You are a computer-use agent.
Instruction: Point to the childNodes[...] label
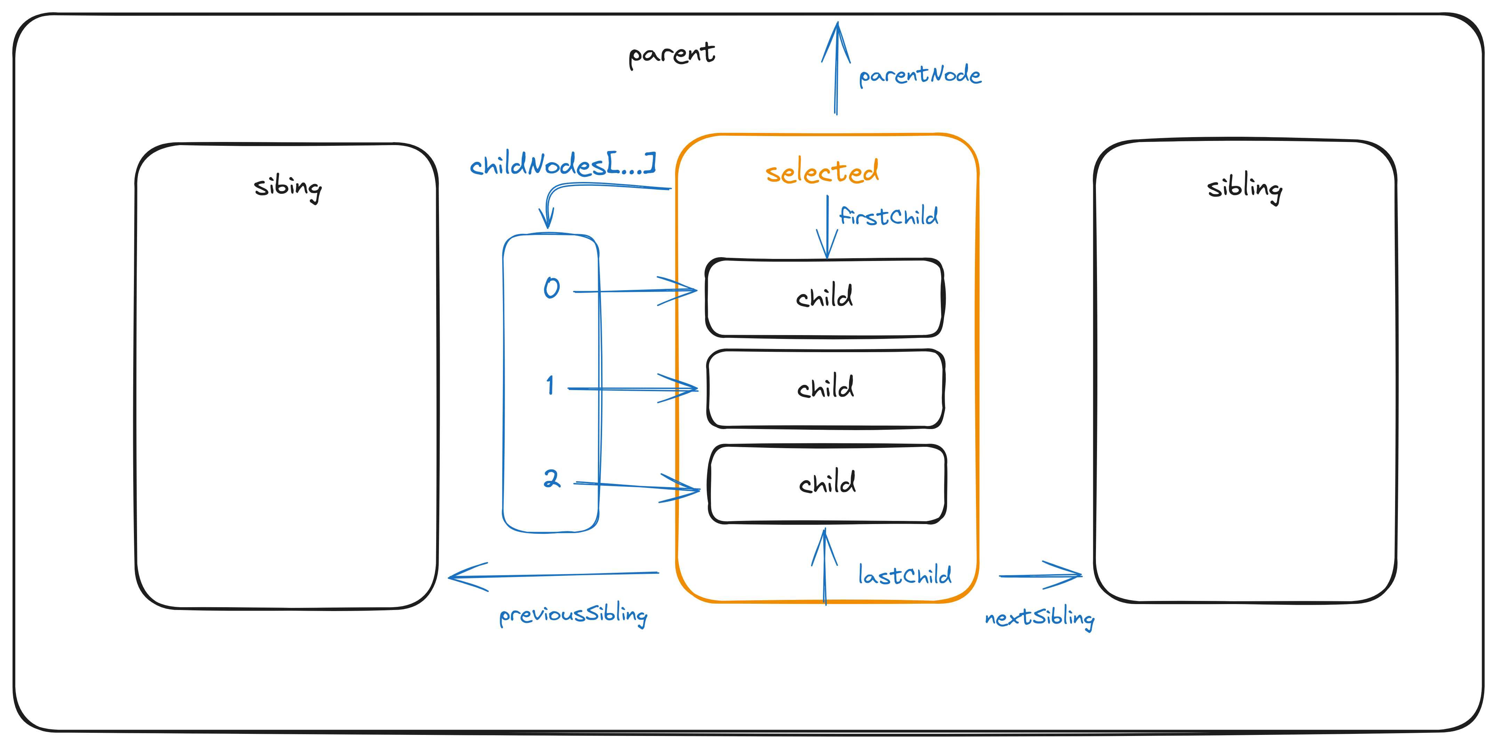coord(562,165)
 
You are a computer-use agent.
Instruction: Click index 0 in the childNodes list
coord(552,288)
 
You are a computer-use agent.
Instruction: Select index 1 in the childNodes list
coord(550,385)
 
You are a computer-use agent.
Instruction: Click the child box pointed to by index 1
coord(825,388)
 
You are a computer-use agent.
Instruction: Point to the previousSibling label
coord(573,615)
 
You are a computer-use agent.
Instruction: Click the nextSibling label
coord(1039,618)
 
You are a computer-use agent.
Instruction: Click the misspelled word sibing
coord(288,187)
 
